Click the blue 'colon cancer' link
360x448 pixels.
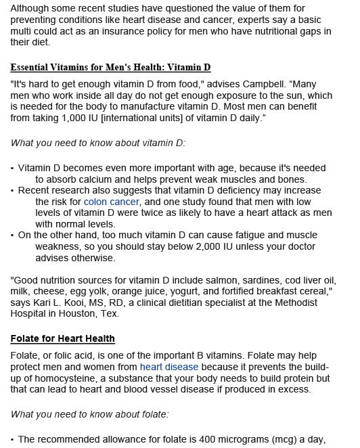tap(111, 202)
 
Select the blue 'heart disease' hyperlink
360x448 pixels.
tap(169, 367)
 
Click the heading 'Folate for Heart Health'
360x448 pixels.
tap(63, 338)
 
